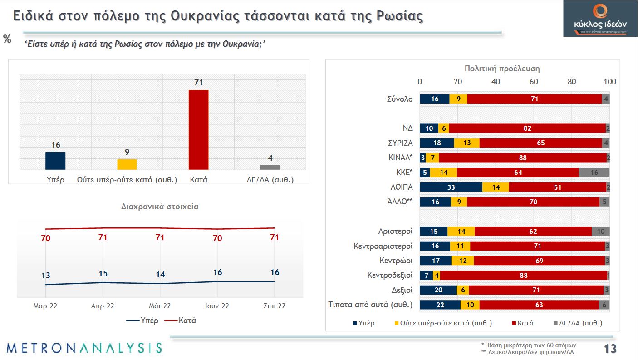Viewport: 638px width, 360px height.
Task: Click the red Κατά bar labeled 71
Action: [x=198, y=130]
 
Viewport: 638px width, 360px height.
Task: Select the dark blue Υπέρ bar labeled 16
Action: [x=55, y=161]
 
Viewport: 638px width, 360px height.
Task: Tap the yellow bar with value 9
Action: [x=127, y=164]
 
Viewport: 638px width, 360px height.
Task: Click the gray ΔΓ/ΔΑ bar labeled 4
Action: [x=270, y=167]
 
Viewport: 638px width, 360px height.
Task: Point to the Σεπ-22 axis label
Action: [x=275, y=306]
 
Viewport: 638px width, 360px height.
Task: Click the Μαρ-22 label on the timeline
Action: [x=45, y=306]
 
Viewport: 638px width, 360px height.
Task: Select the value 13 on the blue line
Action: [x=45, y=276]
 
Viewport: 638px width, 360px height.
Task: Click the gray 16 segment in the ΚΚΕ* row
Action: [x=594, y=173]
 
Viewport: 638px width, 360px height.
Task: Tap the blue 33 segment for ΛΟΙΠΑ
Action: [x=451, y=187]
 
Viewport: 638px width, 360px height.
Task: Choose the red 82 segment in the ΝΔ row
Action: [x=527, y=128]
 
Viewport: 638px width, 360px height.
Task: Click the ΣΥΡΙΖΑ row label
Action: [x=397, y=143]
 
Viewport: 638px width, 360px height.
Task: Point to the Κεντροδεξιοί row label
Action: [x=390, y=275]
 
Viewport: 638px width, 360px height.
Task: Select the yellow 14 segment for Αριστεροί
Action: [x=461, y=232]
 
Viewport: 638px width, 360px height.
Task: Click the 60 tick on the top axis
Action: [x=534, y=82]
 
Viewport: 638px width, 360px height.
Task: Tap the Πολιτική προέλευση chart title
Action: [x=502, y=69]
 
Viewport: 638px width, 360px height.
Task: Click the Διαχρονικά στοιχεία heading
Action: [x=160, y=207]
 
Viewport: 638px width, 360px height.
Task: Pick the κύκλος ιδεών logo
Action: [x=600, y=18]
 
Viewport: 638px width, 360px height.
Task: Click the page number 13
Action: [x=610, y=349]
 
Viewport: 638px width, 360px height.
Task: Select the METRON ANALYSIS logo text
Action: [x=84, y=348]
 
